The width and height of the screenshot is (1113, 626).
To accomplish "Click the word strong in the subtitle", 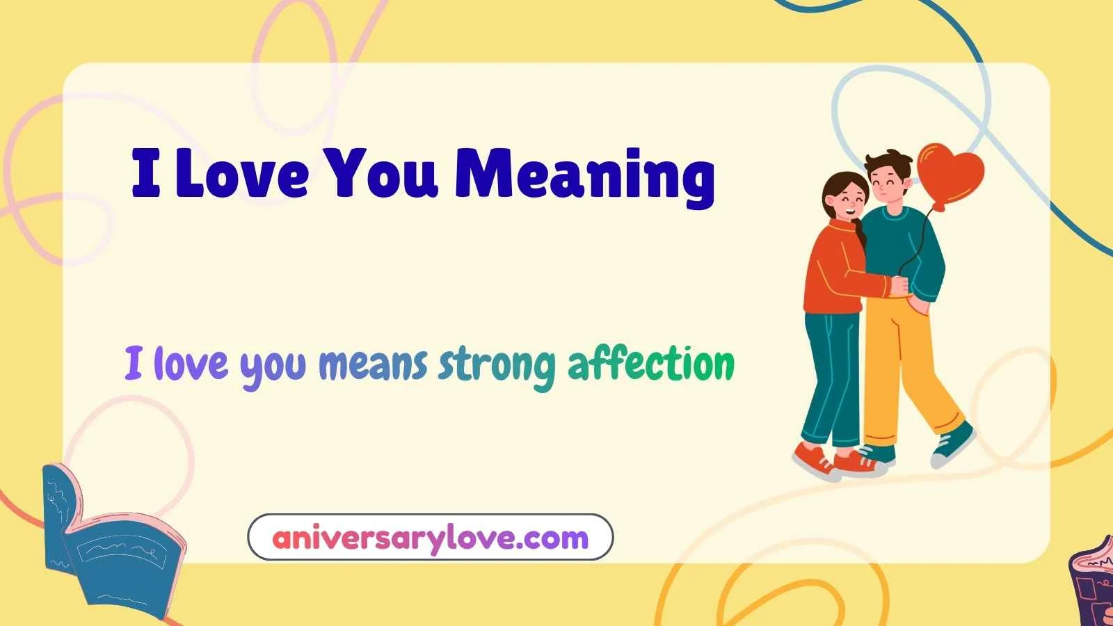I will [497, 364].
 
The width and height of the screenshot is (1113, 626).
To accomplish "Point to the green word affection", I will [651, 364].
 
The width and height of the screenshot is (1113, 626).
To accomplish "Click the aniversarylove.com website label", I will [430, 538].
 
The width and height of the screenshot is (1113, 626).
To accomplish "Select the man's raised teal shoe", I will [954, 442].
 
